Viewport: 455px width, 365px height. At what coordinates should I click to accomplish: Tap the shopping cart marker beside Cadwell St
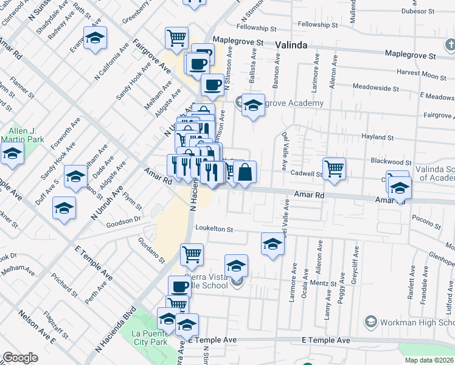pos(334,168)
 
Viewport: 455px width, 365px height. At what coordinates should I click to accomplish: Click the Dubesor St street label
pos(422,10)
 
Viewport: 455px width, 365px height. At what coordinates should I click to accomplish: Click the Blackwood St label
pos(391,162)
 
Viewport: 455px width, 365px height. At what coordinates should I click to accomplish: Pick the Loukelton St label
pos(214,229)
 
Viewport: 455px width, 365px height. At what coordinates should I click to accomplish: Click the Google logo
pos(20,358)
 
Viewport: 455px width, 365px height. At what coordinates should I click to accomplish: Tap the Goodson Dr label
pos(123,219)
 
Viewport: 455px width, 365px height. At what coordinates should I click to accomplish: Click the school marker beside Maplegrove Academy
pos(253,106)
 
